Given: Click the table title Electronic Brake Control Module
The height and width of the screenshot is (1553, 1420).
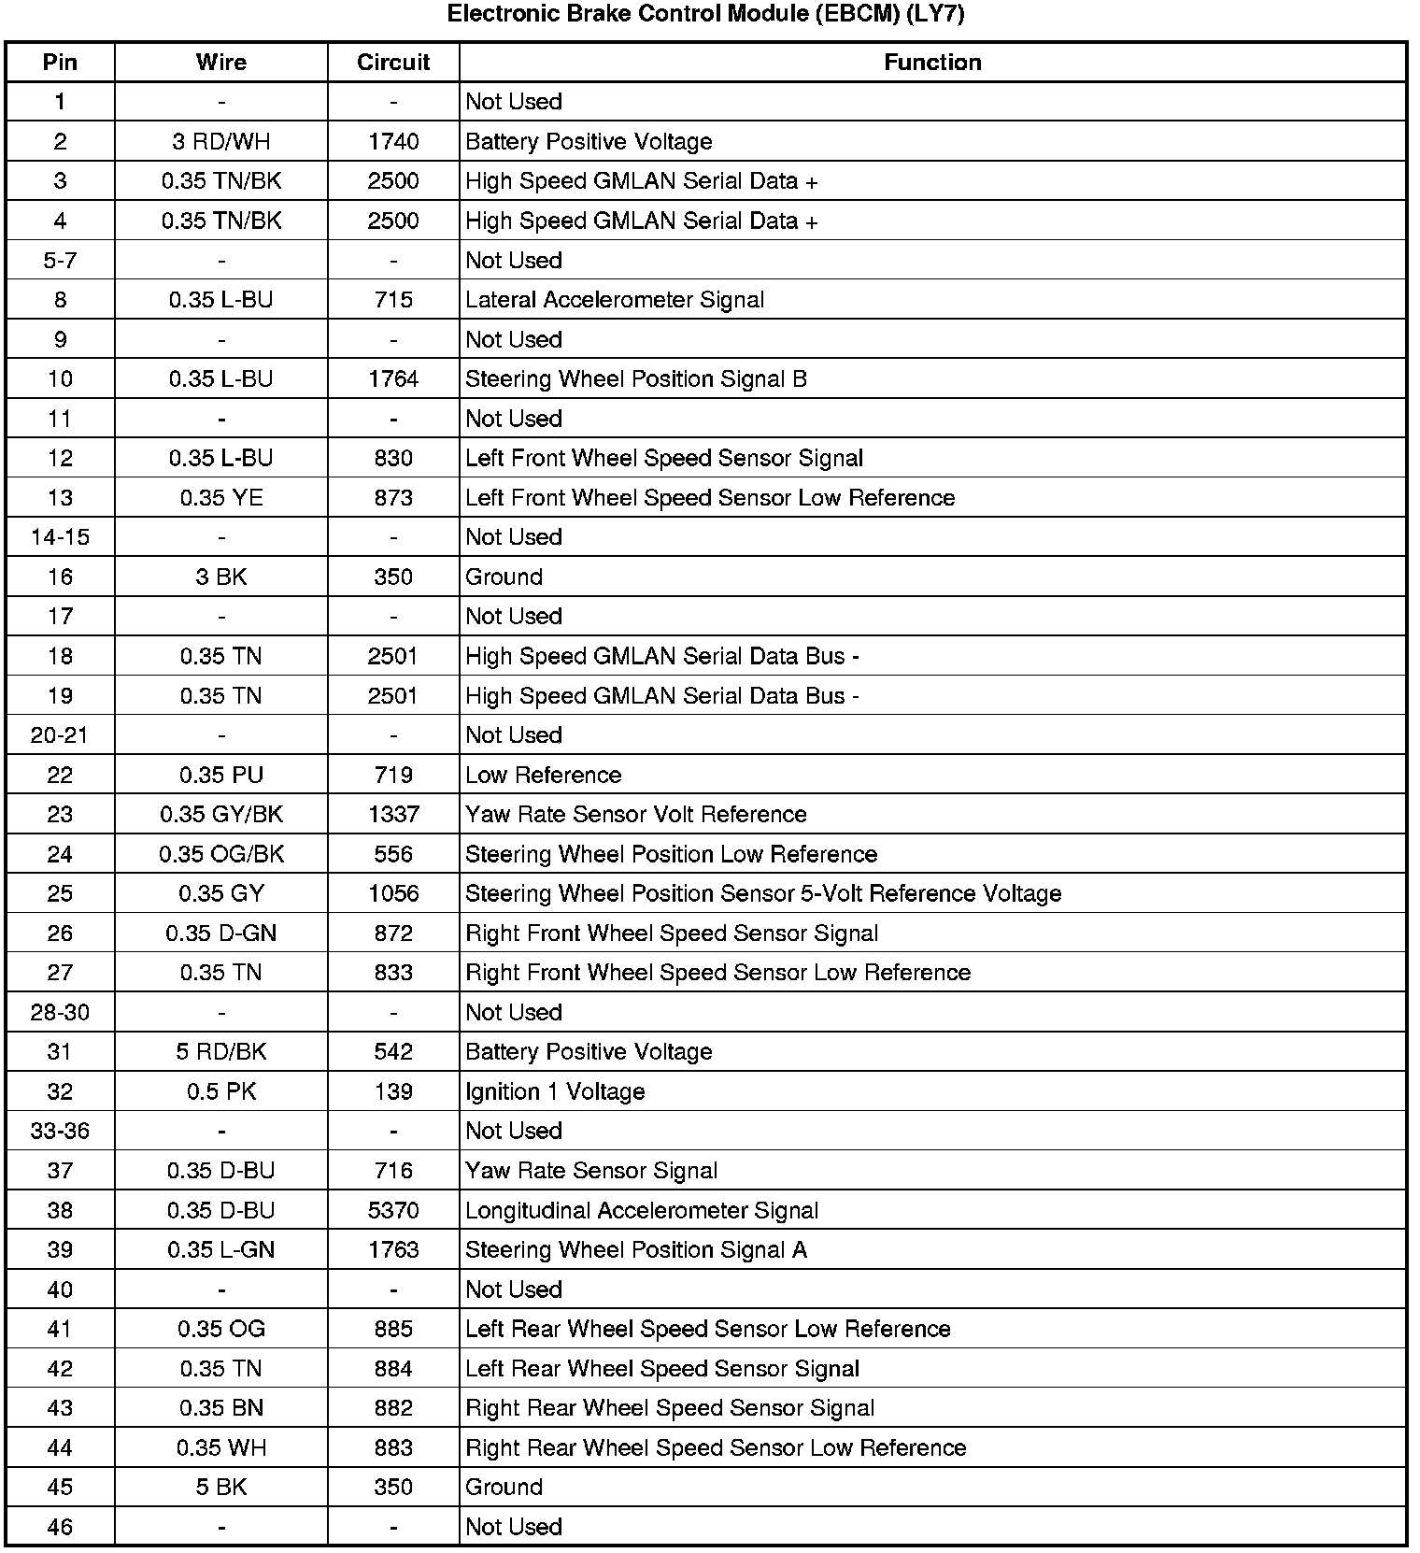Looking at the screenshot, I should click(705, 14).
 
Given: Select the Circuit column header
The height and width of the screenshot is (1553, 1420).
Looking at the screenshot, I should click(393, 63).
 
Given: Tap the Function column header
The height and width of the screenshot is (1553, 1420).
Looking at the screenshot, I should click(932, 63).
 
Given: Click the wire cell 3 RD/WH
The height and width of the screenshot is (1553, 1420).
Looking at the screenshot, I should click(221, 142).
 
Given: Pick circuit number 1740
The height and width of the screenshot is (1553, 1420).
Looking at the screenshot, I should click(393, 142).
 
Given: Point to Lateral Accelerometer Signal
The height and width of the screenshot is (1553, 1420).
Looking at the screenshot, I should click(615, 300).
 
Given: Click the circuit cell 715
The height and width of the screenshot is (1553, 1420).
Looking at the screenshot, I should click(393, 300).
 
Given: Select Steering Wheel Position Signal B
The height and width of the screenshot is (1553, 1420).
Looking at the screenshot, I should click(636, 379).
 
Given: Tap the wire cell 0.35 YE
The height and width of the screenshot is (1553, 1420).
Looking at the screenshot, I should click(221, 498).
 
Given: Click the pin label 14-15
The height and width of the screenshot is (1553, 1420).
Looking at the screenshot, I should click(60, 537).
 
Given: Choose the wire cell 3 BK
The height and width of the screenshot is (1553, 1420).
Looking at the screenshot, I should click(221, 577).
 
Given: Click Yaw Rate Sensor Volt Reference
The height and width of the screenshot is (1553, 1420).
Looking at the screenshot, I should click(636, 815).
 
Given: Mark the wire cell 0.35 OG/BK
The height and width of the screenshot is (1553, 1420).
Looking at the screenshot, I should click(221, 854).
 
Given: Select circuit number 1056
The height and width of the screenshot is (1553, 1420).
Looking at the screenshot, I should click(393, 894).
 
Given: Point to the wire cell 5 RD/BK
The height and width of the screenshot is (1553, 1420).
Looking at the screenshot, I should click(221, 1052).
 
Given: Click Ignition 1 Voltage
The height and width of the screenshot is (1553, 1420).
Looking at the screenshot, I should click(555, 1092).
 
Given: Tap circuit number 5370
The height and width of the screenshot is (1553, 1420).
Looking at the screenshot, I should click(393, 1211).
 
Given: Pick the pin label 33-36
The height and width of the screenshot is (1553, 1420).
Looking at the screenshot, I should click(60, 1132).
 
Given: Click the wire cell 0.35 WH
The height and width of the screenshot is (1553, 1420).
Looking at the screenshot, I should click(221, 1448).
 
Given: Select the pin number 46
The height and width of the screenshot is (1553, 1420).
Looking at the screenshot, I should click(60, 1528).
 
